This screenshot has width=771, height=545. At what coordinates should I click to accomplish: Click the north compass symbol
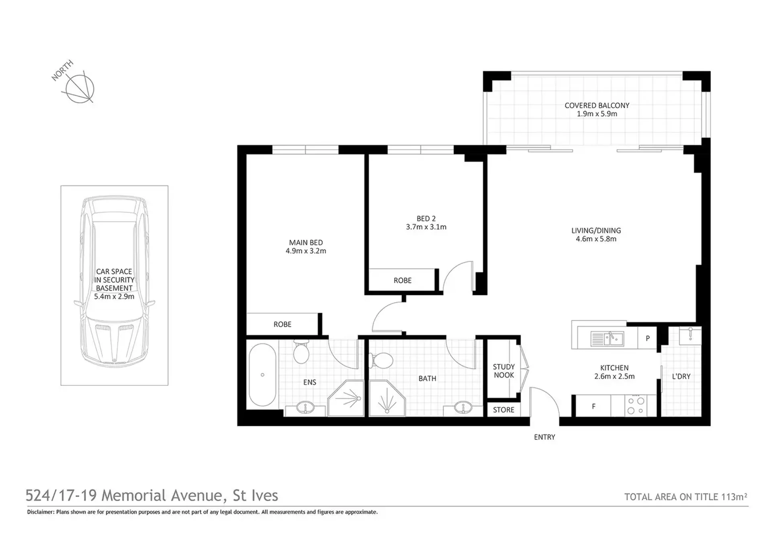(80, 88)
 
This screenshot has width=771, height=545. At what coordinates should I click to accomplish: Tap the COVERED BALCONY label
(597, 105)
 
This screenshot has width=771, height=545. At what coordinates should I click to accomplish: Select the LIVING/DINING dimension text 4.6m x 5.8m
(596, 239)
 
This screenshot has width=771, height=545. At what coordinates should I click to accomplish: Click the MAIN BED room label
(306, 242)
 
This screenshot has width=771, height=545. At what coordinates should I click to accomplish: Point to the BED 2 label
(426, 219)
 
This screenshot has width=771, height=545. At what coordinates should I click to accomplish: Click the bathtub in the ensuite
(262, 375)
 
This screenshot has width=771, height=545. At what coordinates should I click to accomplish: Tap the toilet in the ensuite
(301, 351)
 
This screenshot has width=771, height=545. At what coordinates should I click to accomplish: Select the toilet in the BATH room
(380, 360)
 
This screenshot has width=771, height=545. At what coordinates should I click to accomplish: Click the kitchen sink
(607, 338)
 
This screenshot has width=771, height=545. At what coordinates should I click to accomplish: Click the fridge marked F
(593, 406)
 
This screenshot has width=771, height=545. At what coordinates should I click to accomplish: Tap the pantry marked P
(647, 338)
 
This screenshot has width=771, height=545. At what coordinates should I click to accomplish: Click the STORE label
(503, 410)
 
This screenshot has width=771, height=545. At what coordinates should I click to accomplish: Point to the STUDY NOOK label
(504, 371)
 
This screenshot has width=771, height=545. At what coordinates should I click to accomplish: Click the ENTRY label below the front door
(544, 437)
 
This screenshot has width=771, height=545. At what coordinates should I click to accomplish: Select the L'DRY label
(681, 377)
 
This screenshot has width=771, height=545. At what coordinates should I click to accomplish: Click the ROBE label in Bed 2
(403, 281)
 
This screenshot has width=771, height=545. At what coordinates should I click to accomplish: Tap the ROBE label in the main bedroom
(282, 324)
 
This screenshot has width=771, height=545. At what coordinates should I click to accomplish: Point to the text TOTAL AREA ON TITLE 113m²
(686, 497)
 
